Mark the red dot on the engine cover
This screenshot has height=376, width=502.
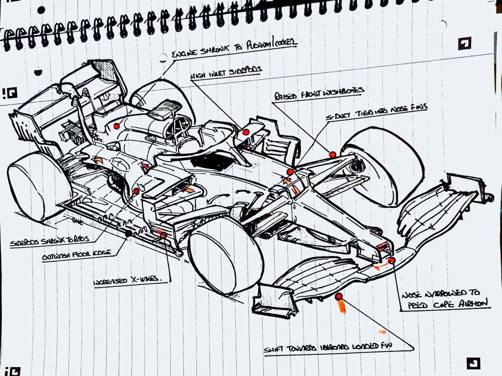tap(117, 125)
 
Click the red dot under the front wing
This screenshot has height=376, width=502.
tap(339, 297)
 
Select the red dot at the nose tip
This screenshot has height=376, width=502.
tap(392, 260)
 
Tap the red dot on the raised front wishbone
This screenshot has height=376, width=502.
tap(333, 155)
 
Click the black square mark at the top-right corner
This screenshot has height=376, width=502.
tap(465, 43)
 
